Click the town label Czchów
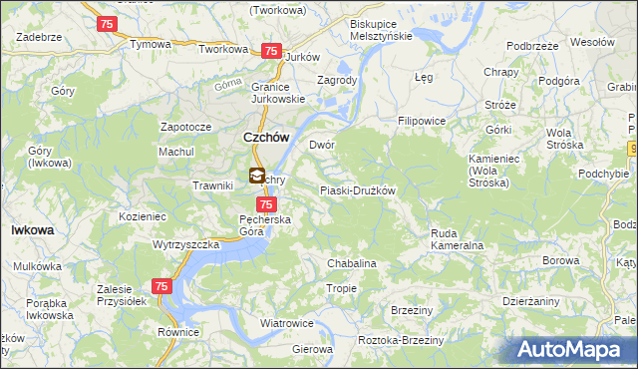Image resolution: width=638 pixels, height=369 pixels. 266,139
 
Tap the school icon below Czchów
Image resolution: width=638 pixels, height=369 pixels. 256,177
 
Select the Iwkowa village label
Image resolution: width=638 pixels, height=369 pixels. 32,229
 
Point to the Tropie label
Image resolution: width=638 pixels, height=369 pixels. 341,288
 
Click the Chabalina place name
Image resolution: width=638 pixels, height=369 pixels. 351,263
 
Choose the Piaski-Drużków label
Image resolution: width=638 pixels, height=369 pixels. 357,190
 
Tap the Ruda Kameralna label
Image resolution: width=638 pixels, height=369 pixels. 457,239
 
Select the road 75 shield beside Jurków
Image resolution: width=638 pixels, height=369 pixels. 270,51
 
